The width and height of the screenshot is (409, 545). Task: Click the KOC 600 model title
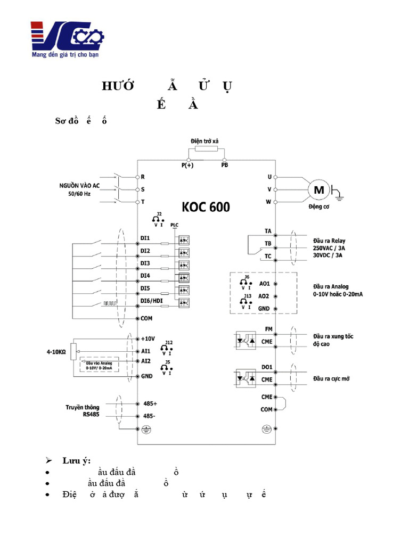coord(206,206)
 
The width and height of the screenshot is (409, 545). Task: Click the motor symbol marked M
coord(320,190)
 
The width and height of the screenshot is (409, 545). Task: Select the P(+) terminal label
coord(187,166)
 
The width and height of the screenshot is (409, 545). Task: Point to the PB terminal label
coord(225,166)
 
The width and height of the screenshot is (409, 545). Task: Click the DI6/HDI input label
coord(152,301)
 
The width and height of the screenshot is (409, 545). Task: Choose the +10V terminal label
coord(148,338)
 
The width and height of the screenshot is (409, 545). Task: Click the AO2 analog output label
coord(264,296)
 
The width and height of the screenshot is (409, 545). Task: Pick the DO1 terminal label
coord(267,367)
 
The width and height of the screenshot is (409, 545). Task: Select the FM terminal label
coord(268,329)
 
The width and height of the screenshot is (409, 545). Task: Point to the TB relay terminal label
coord(268,244)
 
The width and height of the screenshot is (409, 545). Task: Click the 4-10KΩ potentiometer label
coord(56,352)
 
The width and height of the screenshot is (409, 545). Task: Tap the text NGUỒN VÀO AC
coord(79,186)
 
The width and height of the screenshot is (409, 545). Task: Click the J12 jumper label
coord(169,342)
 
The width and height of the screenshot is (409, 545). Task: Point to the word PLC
coord(174,225)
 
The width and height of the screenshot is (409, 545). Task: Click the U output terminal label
coord(269,177)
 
